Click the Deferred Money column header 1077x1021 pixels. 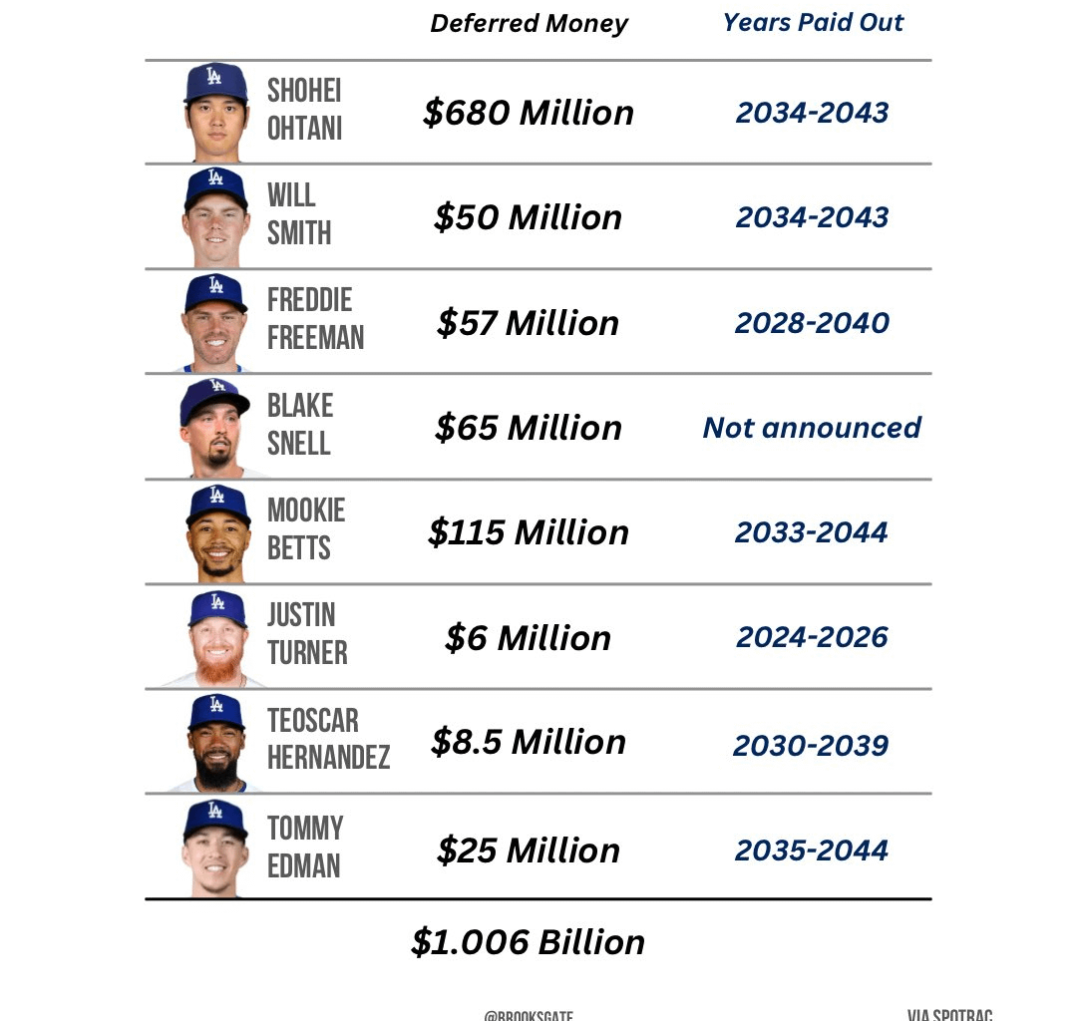tap(529, 24)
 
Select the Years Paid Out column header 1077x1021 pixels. tap(813, 23)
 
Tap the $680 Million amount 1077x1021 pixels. tap(528, 113)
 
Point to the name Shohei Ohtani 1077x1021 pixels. tap(305, 110)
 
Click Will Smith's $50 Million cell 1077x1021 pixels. tap(528, 217)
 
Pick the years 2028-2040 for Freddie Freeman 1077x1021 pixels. tap(812, 323)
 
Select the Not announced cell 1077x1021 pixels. tap(812, 428)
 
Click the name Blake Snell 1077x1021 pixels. tap(300, 425)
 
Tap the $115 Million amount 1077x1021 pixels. tap(528, 532)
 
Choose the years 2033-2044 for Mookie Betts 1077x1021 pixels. tap(812, 532)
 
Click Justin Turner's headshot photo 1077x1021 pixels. tap(216, 637)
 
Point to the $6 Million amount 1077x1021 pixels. tap(528, 638)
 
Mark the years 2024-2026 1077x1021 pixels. tap(812, 638)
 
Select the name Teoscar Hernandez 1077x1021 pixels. tap(328, 739)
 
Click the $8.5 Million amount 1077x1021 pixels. tap(528, 743)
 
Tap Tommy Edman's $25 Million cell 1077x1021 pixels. tap(528, 851)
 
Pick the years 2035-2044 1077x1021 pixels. tap(812, 851)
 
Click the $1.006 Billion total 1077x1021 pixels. tap(528, 942)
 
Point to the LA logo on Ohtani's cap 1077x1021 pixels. tap(214, 75)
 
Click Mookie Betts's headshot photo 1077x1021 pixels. tap(216, 531)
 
